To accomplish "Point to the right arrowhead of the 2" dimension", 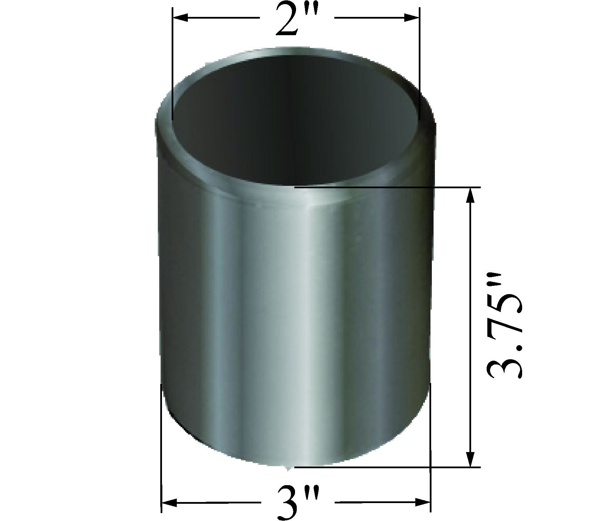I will click(x=412, y=18).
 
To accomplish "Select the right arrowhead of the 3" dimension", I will click(x=423, y=503).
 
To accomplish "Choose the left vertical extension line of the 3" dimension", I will click(x=161, y=448).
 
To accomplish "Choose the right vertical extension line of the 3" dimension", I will click(x=431, y=448).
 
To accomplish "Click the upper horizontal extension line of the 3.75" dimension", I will click(x=386, y=187).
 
